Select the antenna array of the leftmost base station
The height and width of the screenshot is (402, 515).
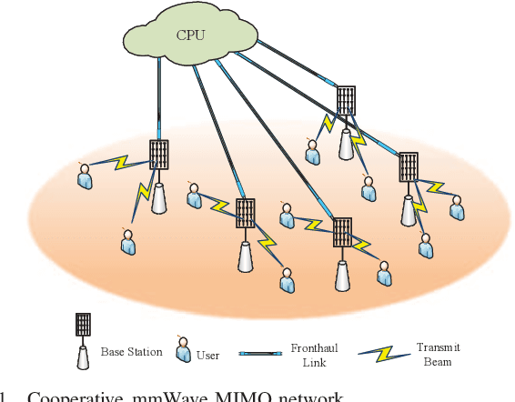(159, 154)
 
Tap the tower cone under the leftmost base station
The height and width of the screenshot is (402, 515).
(159, 198)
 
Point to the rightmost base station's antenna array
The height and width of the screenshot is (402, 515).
(409, 166)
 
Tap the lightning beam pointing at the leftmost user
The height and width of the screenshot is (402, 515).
(119, 165)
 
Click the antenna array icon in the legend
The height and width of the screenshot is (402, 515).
(83, 325)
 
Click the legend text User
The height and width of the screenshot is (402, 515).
(208, 355)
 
